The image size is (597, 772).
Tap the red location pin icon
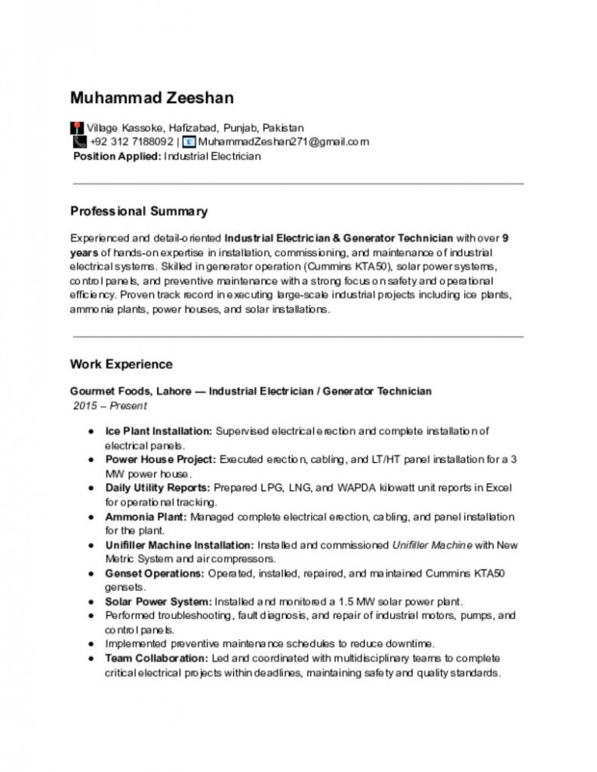coord(78,127)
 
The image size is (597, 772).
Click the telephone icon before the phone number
coord(79,142)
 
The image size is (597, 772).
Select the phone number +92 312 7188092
coord(131,142)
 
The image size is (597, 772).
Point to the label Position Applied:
coord(117,156)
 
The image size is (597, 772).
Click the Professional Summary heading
coord(138,211)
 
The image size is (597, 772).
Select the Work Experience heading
coord(121,364)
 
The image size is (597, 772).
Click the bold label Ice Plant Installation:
coord(159,431)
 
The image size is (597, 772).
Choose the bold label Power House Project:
coord(162,460)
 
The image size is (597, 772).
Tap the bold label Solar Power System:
coord(158,601)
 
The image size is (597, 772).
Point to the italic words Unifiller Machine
coord(432,545)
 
